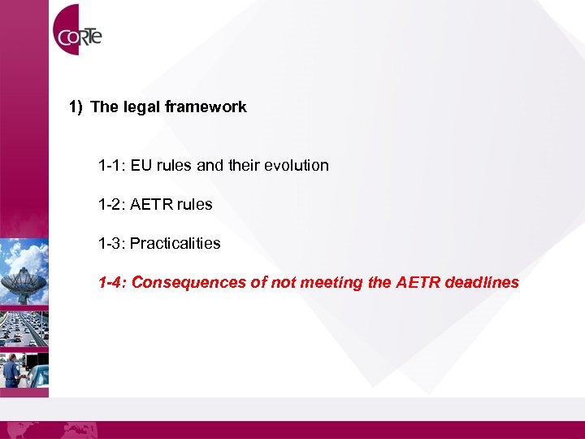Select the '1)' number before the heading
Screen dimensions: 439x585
point(76,106)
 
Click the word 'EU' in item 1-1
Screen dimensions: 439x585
point(141,166)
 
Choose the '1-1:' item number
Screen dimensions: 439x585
point(112,166)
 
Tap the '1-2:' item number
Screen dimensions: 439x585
point(112,205)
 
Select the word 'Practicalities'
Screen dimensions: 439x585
point(175,244)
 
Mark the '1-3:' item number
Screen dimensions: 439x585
point(112,244)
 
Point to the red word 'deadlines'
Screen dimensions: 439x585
point(479,283)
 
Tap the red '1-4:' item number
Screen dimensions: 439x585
point(112,283)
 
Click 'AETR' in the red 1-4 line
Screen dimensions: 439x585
point(414,283)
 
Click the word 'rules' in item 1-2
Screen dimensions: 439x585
point(195,205)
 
